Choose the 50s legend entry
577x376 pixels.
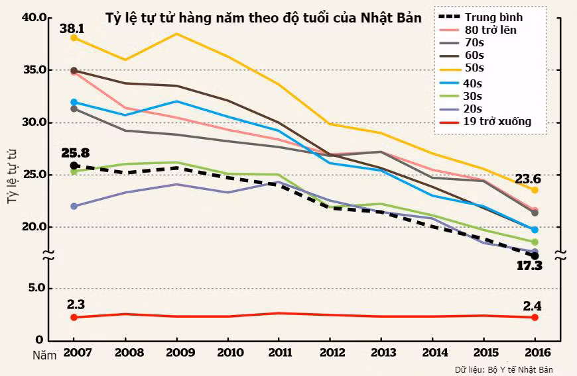(474, 68)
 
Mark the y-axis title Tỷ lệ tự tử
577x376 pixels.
(12, 175)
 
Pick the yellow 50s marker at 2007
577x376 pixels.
(74, 38)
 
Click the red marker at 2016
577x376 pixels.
(535, 318)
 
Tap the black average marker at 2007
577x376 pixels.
(74, 165)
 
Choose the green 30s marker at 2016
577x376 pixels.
(535, 242)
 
